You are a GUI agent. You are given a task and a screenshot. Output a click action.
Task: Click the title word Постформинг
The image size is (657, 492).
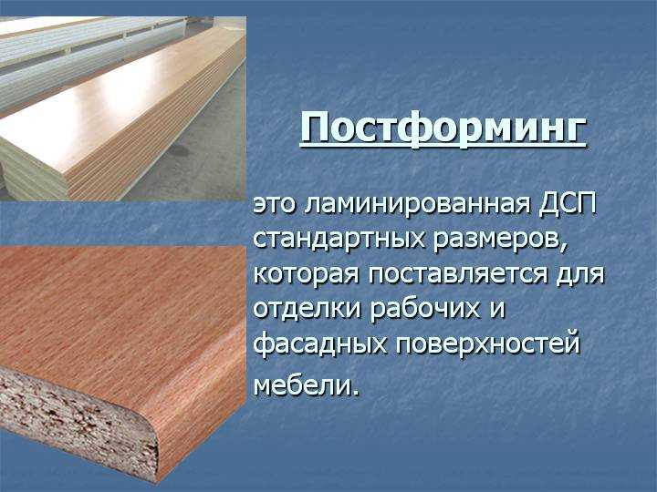(443, 128)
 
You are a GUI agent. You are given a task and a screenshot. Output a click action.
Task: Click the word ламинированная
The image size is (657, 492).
(417, 207)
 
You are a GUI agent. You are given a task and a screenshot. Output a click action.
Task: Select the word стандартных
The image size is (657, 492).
(339, 241)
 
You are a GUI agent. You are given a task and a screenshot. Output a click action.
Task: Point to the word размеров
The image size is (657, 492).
(498, 241)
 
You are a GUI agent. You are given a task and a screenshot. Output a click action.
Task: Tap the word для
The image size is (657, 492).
(580, 276)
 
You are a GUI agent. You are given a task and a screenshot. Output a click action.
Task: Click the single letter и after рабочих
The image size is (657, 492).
(498, 312)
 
